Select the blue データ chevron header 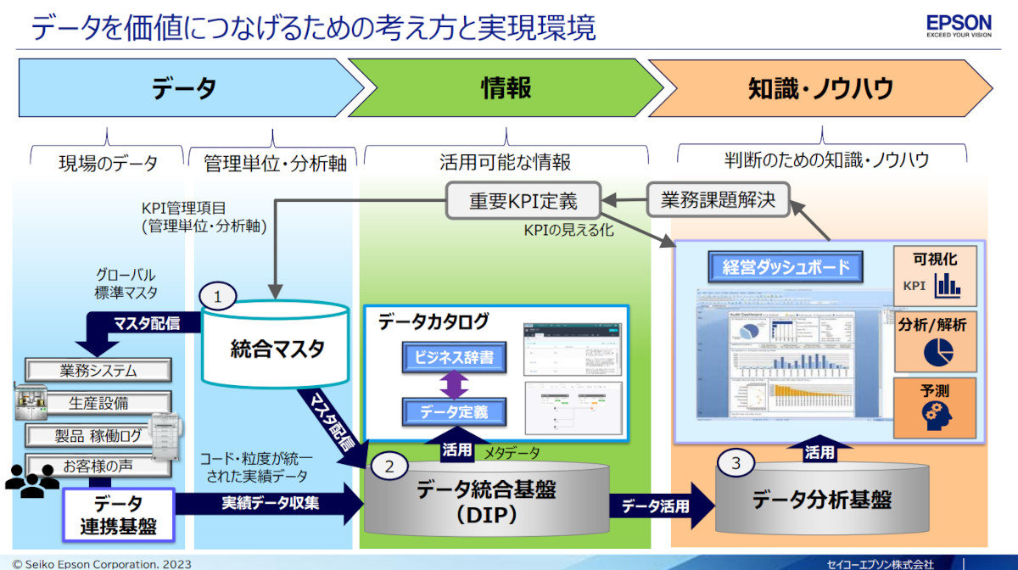click(x=185, y=87)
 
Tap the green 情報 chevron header click(x=506, y=87)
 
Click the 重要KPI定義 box click(x=523, y=202)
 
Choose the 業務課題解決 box click(x=718, y=201)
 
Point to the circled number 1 click(x=218, y=297)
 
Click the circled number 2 click(x=389, y=466)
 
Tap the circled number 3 click(x=736, y=463)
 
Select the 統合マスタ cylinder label click(x=276, y=349)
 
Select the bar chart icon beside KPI click(x=947, y=286)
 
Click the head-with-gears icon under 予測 click(x=935, y=414)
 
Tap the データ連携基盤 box click(x=119, y=514)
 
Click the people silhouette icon click(x=31, y=480)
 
